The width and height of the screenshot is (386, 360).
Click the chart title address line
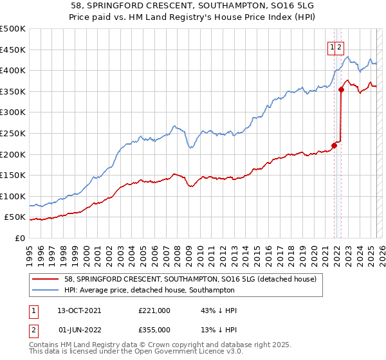point(193,6)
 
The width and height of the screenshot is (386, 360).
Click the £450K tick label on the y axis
point(14,50)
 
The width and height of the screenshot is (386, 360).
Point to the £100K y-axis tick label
point(14,196)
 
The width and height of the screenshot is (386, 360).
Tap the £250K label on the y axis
point(14,133)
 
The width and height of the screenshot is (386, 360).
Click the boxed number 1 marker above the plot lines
point(332,46)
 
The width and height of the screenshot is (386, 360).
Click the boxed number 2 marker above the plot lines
point(339,46)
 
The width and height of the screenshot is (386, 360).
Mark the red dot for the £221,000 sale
point(335,145)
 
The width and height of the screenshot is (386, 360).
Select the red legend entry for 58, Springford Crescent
point(190,279)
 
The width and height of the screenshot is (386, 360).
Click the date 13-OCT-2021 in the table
point(79,310)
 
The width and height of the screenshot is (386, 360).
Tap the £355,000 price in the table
point(154,330)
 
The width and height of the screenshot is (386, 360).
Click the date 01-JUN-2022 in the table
point(80,330)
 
